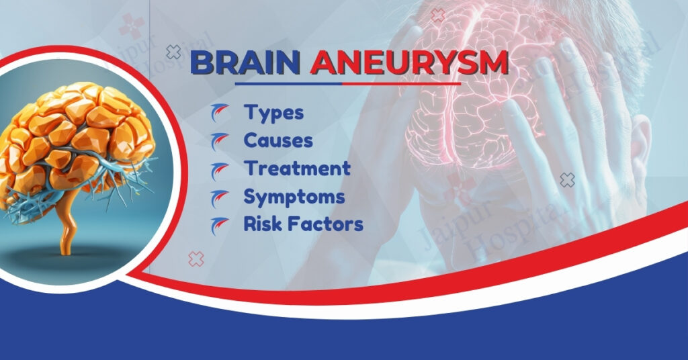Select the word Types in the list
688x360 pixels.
point(273,112)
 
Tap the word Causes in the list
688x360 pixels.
point(278,140)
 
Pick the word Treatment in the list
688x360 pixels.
point(297,168)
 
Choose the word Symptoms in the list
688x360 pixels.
point(294,196)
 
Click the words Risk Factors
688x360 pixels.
point(303,224)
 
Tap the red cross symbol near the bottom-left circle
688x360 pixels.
point(196,259)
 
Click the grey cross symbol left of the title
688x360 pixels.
point(173,52)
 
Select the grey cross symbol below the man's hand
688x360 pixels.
point(568,179)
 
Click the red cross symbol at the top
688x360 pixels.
point(438,15)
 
